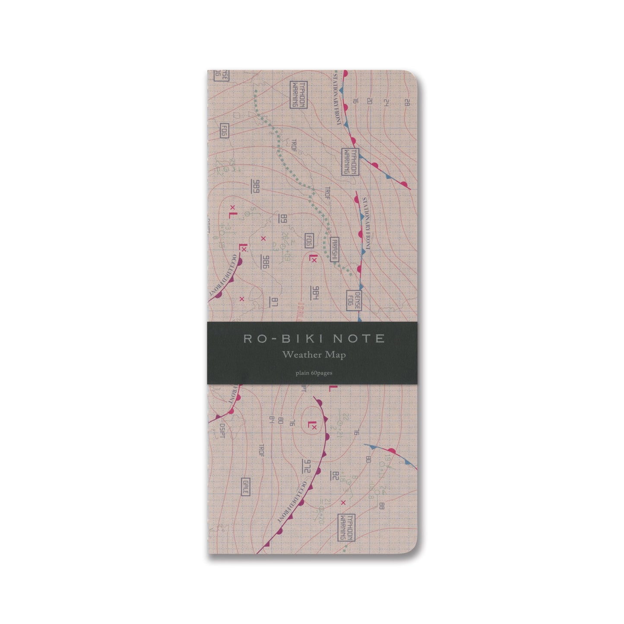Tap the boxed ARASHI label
click(x=334, y=250)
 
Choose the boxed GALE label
click(x=245, y=487)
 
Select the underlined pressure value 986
click(x=265, y=261)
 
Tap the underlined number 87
click(x=274, y=303)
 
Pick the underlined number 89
click(x=283, y=219)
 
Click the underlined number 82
click(x=334, y=476)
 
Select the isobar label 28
click(x=406, y=102)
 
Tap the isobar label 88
click(x=381, y=506)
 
